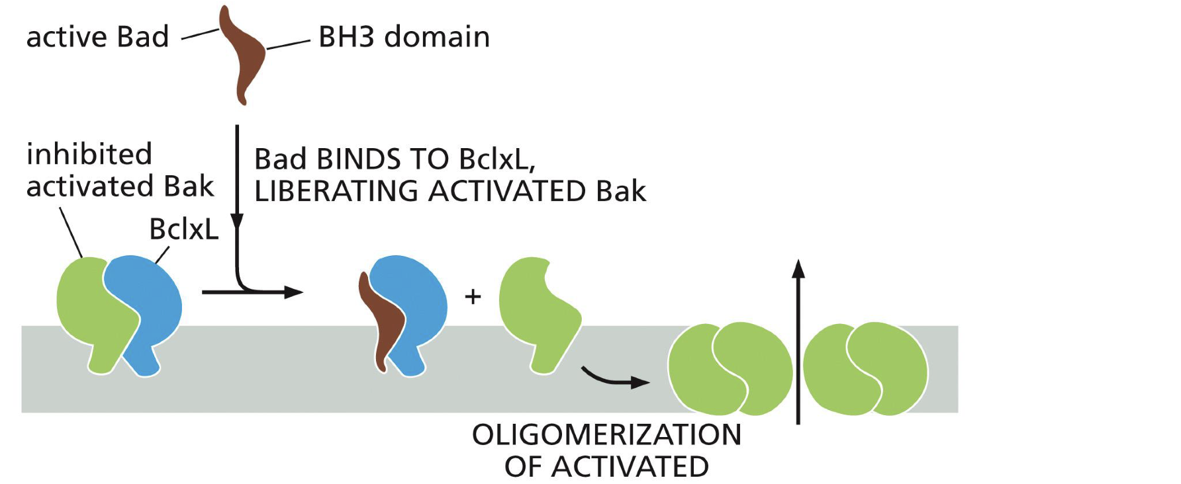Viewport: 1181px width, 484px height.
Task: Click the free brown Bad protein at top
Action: [244, 56]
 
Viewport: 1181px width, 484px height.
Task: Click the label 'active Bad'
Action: [97, 37]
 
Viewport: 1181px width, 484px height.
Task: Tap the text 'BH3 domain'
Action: [404, 37]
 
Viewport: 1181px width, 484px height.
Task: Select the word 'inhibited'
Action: [89, 154]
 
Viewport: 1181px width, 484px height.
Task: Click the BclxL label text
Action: [183, 229]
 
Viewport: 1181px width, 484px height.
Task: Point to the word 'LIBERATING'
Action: [336, 192]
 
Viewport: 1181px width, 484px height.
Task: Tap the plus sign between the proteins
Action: [473, 296]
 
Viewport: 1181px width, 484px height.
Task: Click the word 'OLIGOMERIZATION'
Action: [606, 435]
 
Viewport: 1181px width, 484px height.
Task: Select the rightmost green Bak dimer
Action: [865, 368]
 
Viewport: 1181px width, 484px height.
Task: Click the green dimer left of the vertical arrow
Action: [730, 368]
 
